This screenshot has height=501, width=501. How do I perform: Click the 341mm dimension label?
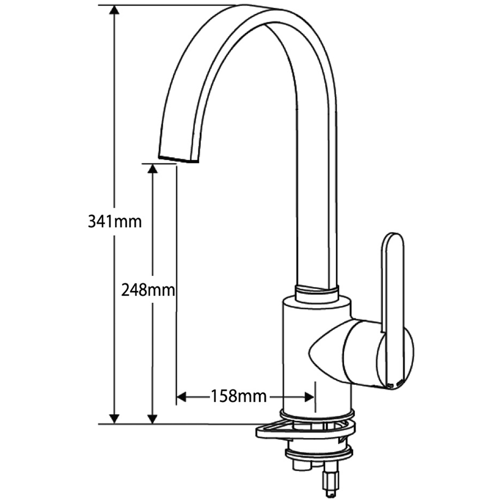click(115, 221)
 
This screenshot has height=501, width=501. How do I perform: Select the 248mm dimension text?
click(148, 290)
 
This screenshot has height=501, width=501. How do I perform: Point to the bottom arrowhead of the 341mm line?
click(115, 418)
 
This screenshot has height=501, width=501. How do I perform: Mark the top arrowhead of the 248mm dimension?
click(153, 169)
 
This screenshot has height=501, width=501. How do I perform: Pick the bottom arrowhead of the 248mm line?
click(153, 418)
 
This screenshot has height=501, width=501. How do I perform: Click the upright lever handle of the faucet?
click(393, 281)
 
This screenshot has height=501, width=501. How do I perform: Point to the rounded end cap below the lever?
click(396, 358)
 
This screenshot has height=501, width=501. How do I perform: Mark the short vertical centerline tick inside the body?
click(316, 396)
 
